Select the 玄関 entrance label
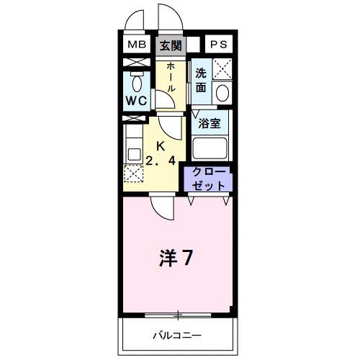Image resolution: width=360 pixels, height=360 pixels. [x=170, y=45]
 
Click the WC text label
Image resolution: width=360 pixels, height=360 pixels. [x=138, y=101]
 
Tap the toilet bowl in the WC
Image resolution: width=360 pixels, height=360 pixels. [x=136, y=81]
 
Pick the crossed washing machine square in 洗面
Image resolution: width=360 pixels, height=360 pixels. [x=222, y=70]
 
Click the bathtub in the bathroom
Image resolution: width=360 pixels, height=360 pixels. [x=211, y=148]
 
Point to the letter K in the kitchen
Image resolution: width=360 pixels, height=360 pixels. [x=161, y=146]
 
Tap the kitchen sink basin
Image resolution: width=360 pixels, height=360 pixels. [x=132, y=153]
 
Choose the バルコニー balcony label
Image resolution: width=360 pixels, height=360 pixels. [x=176, y=336]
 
